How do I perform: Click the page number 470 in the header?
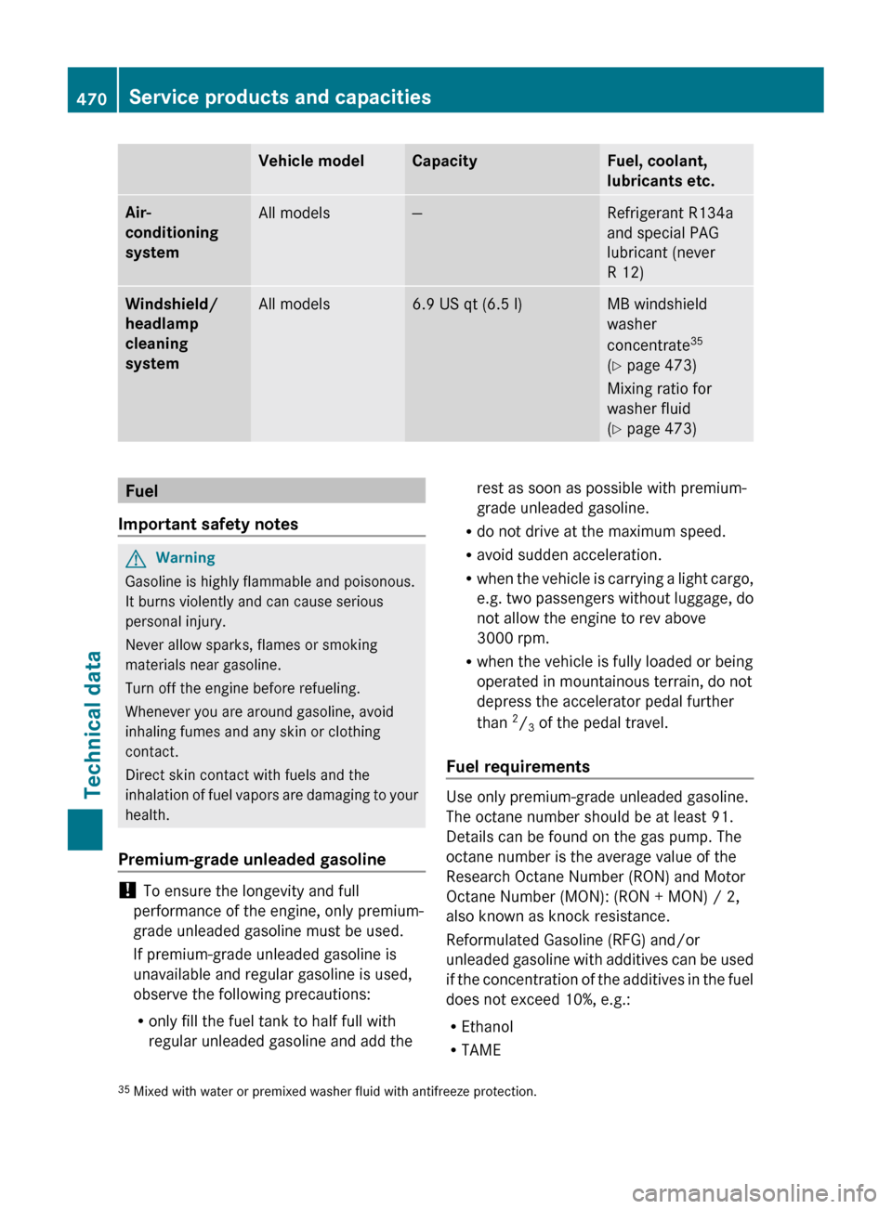[91, 98]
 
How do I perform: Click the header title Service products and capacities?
[280, 97]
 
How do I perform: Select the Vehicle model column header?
[311, 162]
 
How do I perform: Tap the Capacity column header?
[444, 162]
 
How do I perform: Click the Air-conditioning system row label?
[172, 233]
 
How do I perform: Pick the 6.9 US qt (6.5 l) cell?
[467, 305]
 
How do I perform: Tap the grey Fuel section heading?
[142, 491]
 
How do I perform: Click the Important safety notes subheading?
[208, 525]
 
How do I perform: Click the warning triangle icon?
[137, 559]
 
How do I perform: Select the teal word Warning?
[186, 558]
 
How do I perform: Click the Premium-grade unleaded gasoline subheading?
[252, 860]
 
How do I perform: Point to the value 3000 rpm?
[513, 639]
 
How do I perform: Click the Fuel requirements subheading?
[518, 767]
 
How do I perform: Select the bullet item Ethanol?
[487, 1027]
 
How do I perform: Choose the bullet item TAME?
[480, 1050]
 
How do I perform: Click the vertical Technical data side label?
[93, 724]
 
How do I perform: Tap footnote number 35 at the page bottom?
[124, 1090]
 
